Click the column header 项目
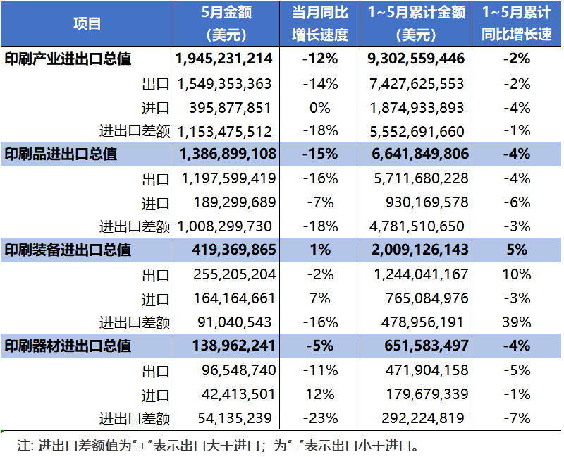[87, 23]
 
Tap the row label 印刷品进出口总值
[61, 154]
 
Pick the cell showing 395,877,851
[231, 107]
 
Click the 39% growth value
[517, 322]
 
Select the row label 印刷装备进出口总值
[68, 250]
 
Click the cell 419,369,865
[233, 250]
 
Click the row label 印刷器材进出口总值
[68, 346]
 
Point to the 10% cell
[517, 274]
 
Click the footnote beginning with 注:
[217, 445]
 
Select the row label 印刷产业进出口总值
[68, 59]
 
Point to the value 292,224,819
[423, 418]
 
